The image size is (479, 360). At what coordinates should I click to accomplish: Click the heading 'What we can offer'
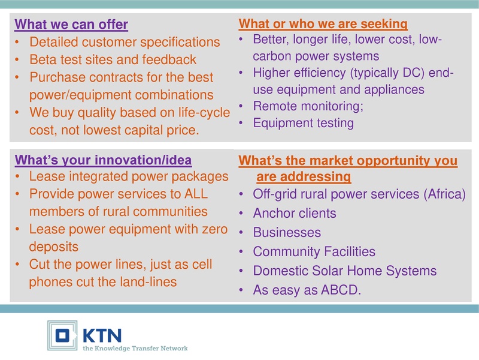[x=71, y=25]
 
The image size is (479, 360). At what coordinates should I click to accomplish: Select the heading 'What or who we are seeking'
[x=323, y=24]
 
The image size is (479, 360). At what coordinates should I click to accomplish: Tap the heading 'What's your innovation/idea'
[x=103, y=160]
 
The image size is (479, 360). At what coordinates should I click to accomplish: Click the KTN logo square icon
[x=62, y=335]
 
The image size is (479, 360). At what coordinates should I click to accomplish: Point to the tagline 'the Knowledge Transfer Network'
[x=135, y=348]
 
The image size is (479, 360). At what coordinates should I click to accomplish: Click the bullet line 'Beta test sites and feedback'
[x=113, y=59]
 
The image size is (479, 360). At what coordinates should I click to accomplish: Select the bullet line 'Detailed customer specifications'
[x=125, y=42]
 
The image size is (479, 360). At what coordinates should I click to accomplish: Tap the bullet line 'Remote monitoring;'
[x=308, y=106]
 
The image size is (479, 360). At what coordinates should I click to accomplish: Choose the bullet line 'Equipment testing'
[x=303, y=123]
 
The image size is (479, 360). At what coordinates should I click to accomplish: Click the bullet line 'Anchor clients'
[x=295, y=213]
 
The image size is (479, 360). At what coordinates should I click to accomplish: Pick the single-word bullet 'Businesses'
[x=287, y=232]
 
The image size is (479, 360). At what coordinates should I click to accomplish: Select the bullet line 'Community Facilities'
[x=314, y=251]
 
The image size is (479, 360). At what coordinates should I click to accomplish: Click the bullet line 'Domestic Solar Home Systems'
[x=345, y=271]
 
